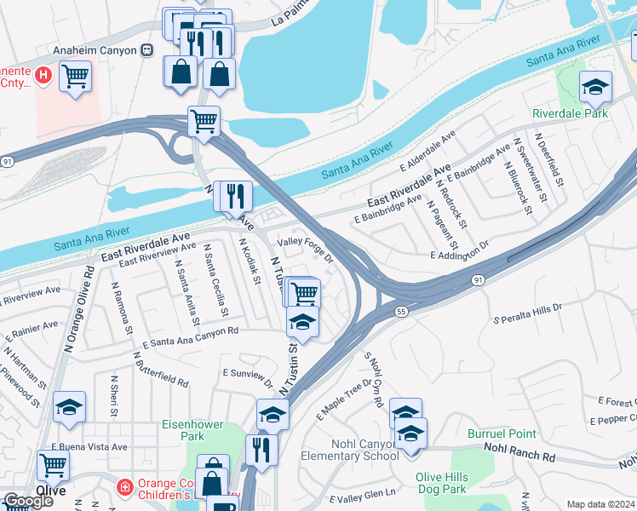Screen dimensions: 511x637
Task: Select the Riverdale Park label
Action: [x=570, y=113]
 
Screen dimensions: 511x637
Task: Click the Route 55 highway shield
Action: [x=402, y=313]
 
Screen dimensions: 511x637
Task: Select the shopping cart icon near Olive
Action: [x=53, y=465]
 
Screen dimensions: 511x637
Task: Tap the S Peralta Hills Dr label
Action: [x=528, y=313]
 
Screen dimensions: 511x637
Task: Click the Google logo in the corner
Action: [x=28, y=501]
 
